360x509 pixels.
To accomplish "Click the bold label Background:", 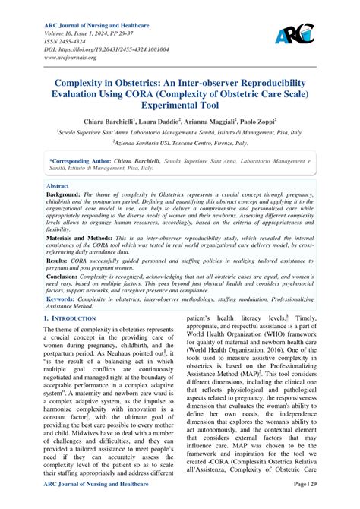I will click(x=66, y=195).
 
